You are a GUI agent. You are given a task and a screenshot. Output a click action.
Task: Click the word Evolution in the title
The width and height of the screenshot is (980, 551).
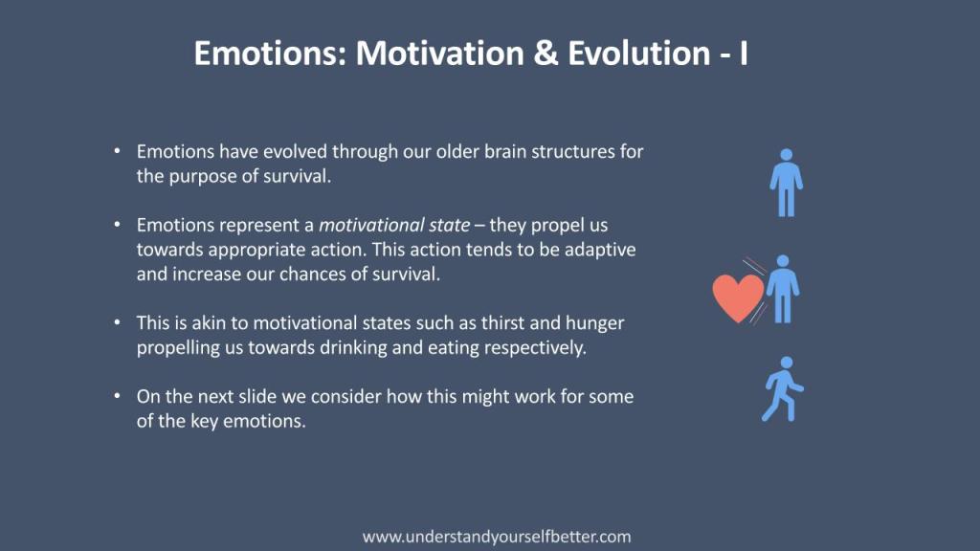point(638,54)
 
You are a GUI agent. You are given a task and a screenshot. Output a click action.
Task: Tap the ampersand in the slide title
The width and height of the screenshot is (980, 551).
point(546,54)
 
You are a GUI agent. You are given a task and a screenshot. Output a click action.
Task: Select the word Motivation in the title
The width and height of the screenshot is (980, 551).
point(440,54)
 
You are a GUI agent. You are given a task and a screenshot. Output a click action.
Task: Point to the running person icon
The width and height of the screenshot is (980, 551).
point(783,389)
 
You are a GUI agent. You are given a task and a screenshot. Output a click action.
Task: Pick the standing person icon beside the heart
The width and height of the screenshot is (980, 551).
point(783,289)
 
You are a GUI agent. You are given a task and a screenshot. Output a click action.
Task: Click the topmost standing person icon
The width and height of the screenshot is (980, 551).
point(787,183)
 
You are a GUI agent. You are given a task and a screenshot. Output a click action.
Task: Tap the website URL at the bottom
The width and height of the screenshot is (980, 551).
point(497,537)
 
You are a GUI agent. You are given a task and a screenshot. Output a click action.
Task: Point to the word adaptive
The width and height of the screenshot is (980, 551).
point(601,251)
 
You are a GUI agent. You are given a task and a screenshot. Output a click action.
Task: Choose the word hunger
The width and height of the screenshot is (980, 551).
point(595,324)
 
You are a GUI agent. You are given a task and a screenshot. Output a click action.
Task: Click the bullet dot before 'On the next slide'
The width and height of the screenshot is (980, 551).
point(117,396)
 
